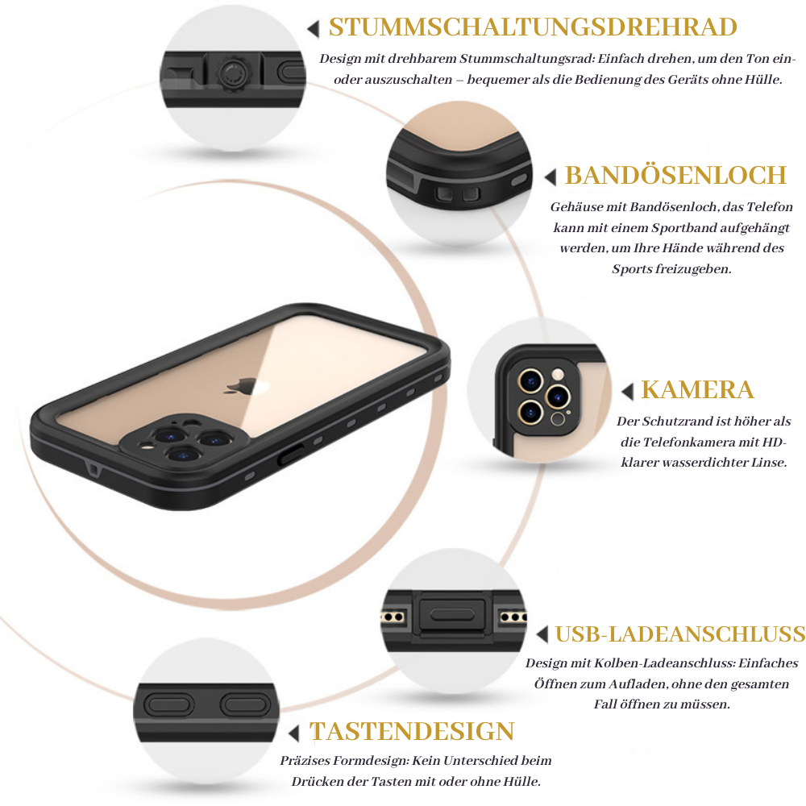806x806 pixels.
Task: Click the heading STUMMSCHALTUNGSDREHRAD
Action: (x=533, y=27)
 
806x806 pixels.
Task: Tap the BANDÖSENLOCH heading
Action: (x=675, y=175)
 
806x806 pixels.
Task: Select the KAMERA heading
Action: (x=698, y=390)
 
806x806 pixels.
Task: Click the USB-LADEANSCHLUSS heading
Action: (x=680, y=634)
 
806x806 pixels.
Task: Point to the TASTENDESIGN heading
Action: (x=412, y=731)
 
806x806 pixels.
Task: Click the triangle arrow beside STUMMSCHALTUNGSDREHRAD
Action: (x=314, y=29)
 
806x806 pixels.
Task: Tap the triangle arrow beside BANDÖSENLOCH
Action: (x=551, y=177)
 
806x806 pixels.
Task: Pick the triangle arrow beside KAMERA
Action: (x=628, y=392)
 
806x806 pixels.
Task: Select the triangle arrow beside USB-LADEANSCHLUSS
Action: (x=542, y=635)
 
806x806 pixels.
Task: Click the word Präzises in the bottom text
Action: (x=304, y=760)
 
